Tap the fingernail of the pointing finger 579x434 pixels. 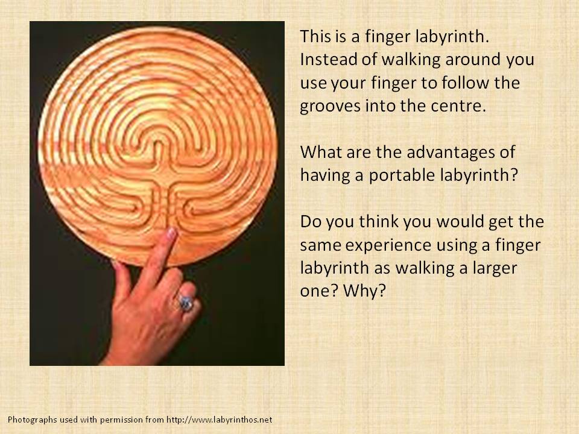[171, 233]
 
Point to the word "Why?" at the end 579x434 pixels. [364, 291]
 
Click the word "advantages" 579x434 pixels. [445, 152]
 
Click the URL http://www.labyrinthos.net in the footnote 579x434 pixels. [220, 420]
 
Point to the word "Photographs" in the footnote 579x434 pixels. [33, 420]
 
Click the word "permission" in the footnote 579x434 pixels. [121, 420]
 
